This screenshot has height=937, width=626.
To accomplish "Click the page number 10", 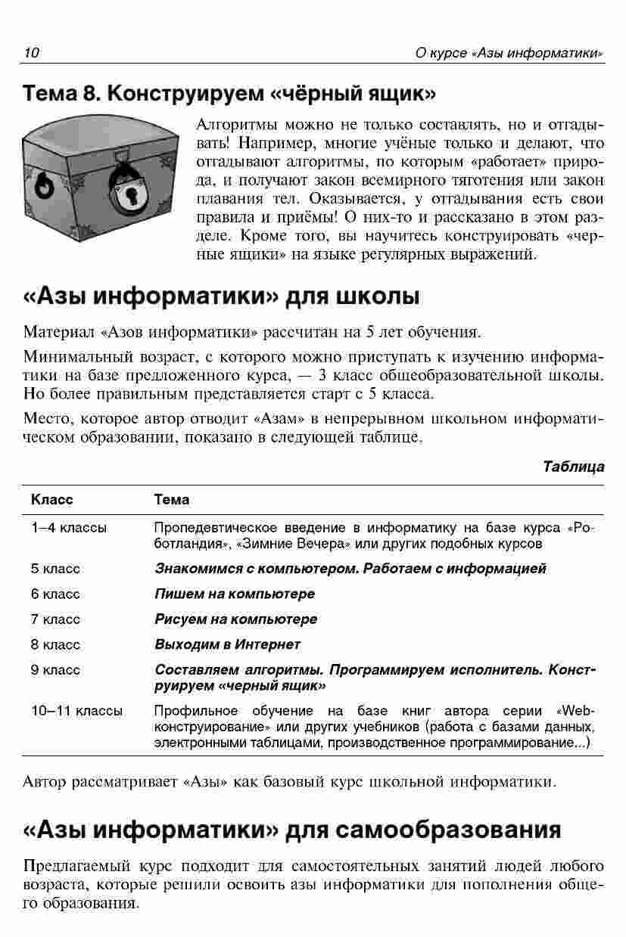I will coord(31,53).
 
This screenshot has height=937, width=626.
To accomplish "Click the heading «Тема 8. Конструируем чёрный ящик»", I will coord(230,94).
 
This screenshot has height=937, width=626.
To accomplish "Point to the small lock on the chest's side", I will coord(48,182).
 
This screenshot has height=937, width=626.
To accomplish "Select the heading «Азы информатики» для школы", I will coord(222,295).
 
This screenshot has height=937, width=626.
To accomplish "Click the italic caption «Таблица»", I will coord(574,466).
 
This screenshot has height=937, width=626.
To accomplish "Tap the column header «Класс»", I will coord(52,500).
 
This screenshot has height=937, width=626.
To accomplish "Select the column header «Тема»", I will coord(171,500).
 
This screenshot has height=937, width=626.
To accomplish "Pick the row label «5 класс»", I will coord(56,569).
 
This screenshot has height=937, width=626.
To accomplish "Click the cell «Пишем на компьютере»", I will coord(235,594).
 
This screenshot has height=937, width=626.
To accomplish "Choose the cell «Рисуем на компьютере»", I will coord(235,619).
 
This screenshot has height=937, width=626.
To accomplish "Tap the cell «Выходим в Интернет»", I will coord(227,644).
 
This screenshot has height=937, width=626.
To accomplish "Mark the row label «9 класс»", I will coord(56,670).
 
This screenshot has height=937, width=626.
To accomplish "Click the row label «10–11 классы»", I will coord(77,711).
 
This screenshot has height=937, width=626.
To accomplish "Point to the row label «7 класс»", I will coord(56,619).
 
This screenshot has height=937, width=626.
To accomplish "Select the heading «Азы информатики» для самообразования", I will coord(292,830).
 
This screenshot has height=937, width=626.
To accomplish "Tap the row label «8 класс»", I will coord(56,644).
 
